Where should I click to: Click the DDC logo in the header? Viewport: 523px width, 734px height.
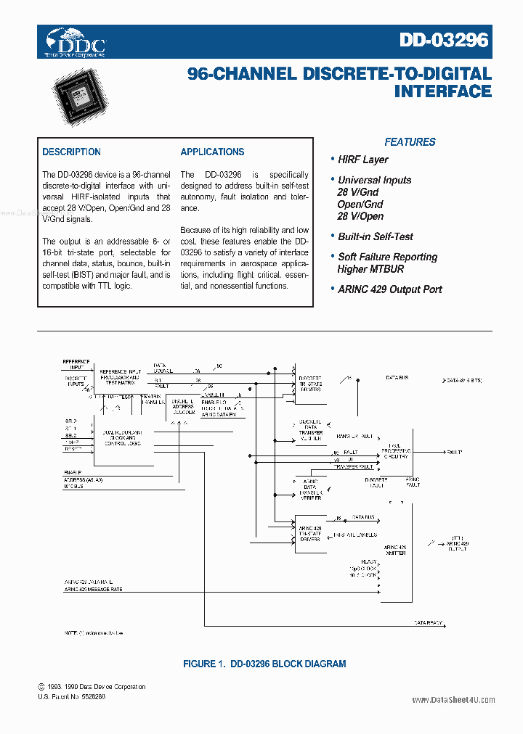(x=76, y=43)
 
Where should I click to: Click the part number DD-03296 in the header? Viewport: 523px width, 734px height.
(x=444, y=41)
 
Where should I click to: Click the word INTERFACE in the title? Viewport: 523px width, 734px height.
(x=442, y=92)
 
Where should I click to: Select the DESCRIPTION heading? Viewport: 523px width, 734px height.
(x=71, y=152)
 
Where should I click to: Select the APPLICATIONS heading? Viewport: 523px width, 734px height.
(x=212, y=152)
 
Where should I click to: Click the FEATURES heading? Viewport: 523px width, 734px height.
(x=410, y=142)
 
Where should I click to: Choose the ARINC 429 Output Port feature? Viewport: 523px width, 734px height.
(x=389, y=289)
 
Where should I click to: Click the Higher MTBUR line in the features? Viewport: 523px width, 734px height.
(x=370, y=269)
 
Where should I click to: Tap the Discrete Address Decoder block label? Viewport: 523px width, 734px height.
(x=182, y=406)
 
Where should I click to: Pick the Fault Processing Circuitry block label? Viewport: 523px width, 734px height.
(x=396, y=451)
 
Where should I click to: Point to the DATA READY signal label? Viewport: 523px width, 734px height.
(x=429, y=623)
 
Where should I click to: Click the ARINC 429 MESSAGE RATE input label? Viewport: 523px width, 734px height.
(x=94, y=590)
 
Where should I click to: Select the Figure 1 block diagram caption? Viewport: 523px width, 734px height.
(x=264, y=664)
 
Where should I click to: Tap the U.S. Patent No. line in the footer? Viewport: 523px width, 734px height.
(x=72, y=696)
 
